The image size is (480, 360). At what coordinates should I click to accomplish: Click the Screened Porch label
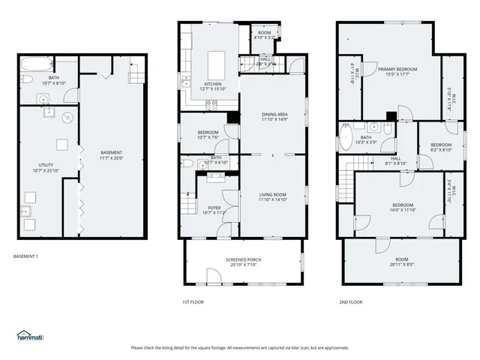click(241, 262)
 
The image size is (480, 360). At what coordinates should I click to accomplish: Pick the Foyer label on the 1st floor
click(214, 210)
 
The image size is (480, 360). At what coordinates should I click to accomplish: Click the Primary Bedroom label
click(397, 71)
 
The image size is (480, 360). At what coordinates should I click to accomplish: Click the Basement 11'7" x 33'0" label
click(112, 155)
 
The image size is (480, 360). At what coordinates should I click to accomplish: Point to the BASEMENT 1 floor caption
click(26, 257)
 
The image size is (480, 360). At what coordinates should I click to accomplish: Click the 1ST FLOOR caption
click(192, 302)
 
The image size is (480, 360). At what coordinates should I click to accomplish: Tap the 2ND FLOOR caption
click(350, 302)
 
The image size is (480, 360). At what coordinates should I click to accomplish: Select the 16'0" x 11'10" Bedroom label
click(403, 207)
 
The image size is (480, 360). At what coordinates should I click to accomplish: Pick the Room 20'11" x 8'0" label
click(400, 262)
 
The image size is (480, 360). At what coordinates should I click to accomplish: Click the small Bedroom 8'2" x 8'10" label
click(441, 147)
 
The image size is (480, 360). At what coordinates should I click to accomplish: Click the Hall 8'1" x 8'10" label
click(396, 161)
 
